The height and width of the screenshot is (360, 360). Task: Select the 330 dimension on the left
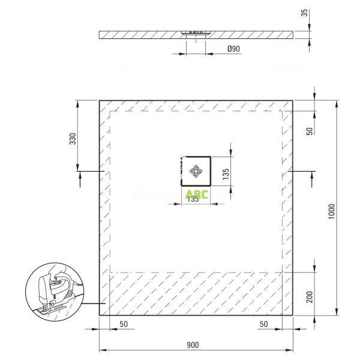point(73,139)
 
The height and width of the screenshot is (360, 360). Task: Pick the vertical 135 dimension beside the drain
point(226,174)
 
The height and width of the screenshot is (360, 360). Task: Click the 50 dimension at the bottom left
point(124,325)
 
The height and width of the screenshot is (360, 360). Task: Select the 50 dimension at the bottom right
point(263,325)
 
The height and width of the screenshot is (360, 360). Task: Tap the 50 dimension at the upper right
point(310,131)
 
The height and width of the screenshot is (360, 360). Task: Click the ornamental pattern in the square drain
point(196,172)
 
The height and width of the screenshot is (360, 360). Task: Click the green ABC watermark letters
point(197,194)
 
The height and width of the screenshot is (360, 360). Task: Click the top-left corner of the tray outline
point(99,101)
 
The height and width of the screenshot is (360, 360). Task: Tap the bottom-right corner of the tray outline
point(293,315)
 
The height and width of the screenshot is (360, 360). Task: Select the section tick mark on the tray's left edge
point(103,172)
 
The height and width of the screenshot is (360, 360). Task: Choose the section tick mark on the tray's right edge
point(290,172)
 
